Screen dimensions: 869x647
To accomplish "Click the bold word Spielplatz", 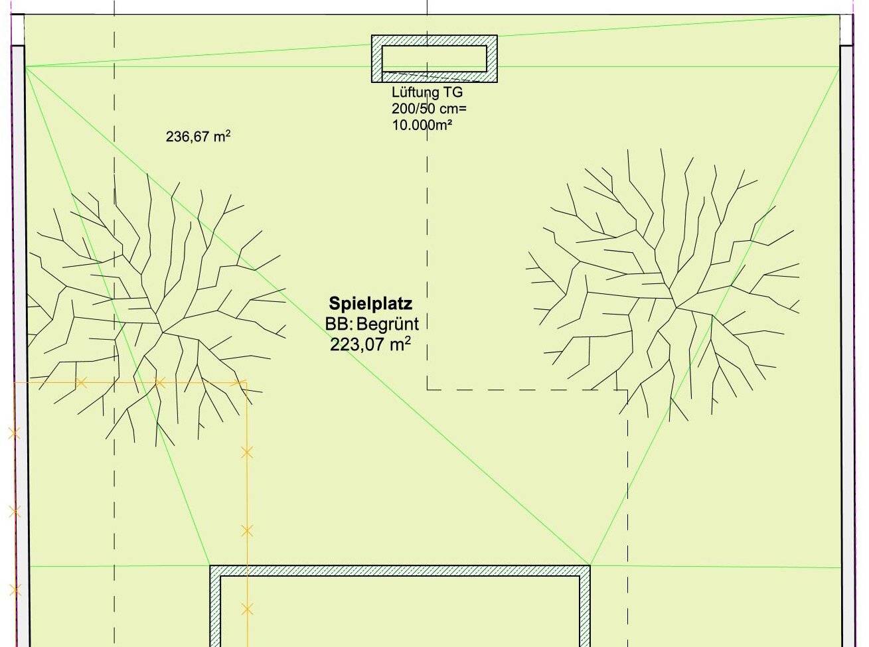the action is pyautogui.click(x=370, y=304).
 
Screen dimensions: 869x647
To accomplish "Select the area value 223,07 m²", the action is pyautogui.click(x=370, y=344).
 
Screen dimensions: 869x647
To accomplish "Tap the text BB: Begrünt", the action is pyautogui.click(x=372, y=324).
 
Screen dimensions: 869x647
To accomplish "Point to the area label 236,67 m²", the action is pyautogui.click(x=198, y=137).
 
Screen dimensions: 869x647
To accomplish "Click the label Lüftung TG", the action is pyautogui.click(x=427, y=92).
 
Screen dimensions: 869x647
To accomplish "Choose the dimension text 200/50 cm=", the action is pyautogui.click(x=430, y=108).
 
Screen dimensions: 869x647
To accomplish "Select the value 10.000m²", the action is pyautogui.click(x=422, y=125).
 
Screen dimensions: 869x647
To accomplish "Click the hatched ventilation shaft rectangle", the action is pyautogui.click(x=434, y=40).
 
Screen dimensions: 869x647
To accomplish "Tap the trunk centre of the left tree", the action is pyautogui.click(x=163, y=332).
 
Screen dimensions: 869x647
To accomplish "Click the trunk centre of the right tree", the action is pyautogui.click(x=675, y=307).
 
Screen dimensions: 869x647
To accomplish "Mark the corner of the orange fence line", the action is pyautogui.click(x=246, y=381).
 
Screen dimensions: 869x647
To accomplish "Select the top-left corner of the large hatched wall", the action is pyautogui.click(x=210, y=565).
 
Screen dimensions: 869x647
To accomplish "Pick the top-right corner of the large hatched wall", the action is pyautogui.click(x=590, y=565).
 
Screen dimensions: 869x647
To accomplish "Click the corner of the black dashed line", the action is pyautogui.click(x=427, y=390).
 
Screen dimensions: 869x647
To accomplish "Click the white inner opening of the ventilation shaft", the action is pyautogui.click(x=434, y=59).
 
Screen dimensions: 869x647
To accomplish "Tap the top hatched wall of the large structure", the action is pyautogui.click(x=400, y=571).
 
